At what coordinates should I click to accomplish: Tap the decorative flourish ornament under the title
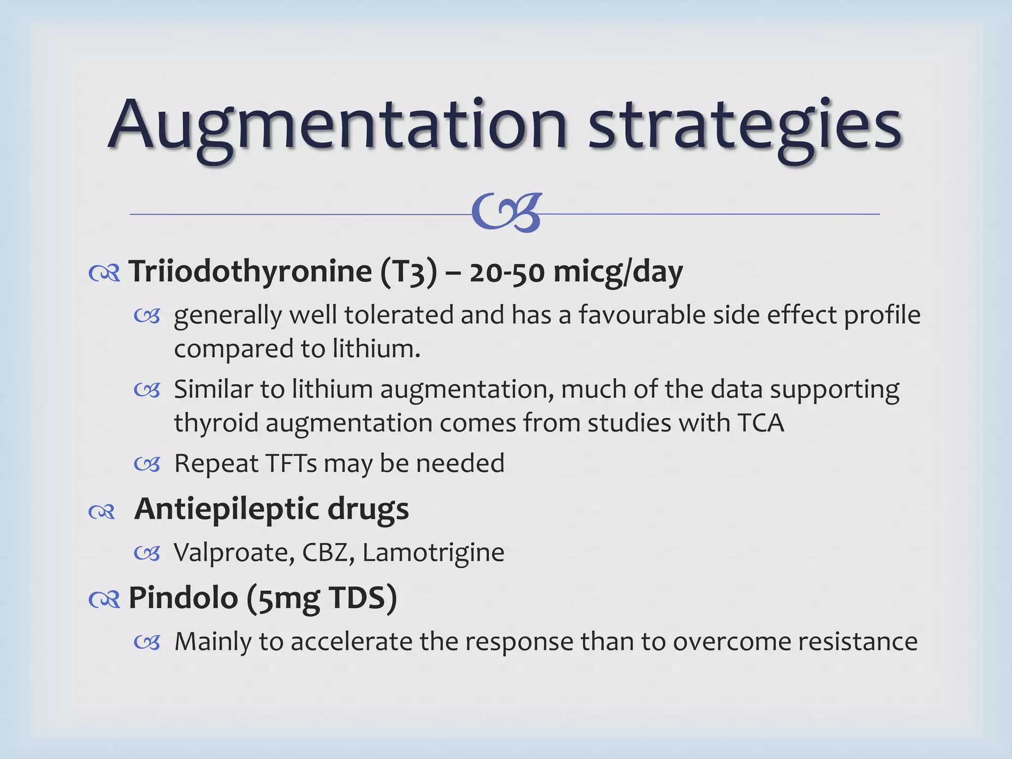(x=506, y=213)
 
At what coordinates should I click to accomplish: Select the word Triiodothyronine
(x=250, y=271)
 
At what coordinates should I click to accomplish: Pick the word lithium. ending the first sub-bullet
(x=376, y=348)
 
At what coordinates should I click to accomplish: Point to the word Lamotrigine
(x=433, y=552)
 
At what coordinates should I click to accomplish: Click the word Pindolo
(x=183, y=598)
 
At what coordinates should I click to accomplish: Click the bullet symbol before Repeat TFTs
(x=147, y=464)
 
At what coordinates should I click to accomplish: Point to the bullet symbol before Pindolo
(x=104, y=600)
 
